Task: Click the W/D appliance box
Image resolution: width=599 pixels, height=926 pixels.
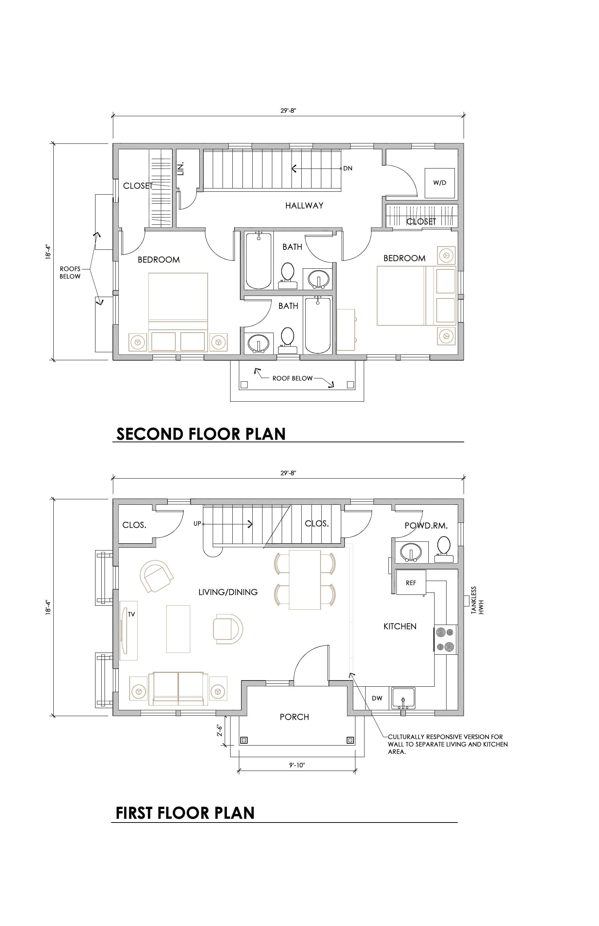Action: click(x=440, y=183)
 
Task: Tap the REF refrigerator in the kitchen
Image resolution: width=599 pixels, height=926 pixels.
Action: click(x=411, y=582)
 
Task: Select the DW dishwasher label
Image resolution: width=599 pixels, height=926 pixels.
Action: click(x=377, y=698)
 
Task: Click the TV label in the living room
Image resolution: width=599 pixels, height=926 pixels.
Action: click(x=131, y=614)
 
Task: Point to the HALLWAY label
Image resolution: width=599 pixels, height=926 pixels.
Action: click(x=304, y=206)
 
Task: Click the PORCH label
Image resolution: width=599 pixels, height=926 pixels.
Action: click(x=294, y=717)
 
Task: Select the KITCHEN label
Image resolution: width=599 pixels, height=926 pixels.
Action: click(x=400, y=626)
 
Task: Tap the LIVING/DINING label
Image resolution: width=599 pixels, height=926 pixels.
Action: click(x=228, y=592)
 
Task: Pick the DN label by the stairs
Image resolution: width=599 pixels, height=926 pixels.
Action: click(x=348, y=168)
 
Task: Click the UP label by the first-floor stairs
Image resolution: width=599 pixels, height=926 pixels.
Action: click(x=197, y=524)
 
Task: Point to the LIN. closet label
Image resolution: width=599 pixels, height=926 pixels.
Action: click(x=180, y=168)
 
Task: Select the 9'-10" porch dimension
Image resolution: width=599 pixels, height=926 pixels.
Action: click(x=297, y=765)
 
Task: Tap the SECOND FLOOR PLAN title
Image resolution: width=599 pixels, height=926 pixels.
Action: click(x=201, y=434)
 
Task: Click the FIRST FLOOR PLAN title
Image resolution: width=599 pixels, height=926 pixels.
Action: click(x=185, y=813)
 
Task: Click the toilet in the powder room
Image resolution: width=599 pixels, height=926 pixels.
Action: click(x=444, y=549)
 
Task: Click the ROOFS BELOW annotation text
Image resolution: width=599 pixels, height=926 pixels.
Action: click(x=70, y=272)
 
